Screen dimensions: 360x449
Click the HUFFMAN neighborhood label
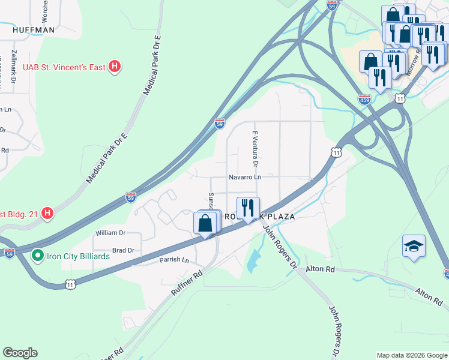(x=33, y=29)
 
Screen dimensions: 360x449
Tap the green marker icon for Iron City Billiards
(x=38, y=256)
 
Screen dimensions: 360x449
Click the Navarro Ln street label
(x=244, y=177)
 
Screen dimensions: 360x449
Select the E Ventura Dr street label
(x=255, y=148)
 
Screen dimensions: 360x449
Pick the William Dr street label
(x=110, y=232)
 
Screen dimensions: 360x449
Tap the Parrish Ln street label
(x=173, y=260)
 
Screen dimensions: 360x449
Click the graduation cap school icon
(x=414, y=246)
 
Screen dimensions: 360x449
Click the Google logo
(x=20, y=353)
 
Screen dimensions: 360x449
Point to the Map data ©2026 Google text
(x=411, y=355)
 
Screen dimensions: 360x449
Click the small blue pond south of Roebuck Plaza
(x=254, y=260)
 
